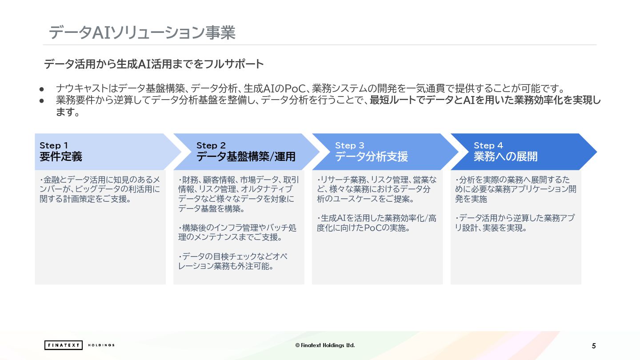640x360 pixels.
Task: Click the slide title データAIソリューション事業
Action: coord(142,32)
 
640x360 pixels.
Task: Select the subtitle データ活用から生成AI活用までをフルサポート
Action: coord(154,64)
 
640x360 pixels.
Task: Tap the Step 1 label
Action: coord(54,145)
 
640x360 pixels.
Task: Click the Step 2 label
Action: coord(211,145)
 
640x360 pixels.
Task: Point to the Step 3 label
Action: coord(349,145)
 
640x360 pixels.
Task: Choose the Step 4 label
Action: coord(488,145)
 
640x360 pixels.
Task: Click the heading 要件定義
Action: coord(61,156)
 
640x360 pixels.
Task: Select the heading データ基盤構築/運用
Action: coord(246,156)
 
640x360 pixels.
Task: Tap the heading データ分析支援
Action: coord(371,156)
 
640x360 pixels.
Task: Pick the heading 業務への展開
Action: coord(505,156)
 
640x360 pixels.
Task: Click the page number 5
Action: coord(594,346)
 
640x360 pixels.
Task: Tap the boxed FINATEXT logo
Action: coord(64,345)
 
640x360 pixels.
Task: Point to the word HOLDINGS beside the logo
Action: coord(101,345)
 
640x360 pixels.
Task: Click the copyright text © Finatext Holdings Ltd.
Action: coord(325,345)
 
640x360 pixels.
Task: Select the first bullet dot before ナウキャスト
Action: coord(42,88)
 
